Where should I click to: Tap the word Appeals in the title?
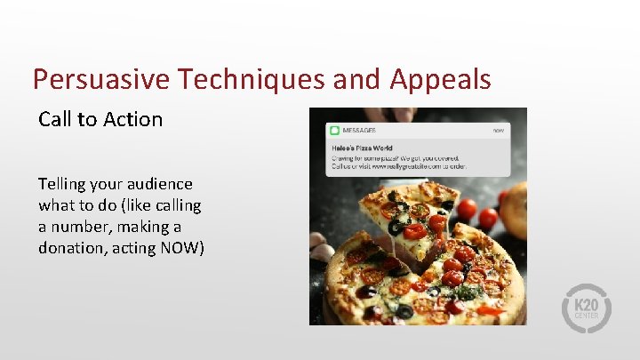tap(440, 80)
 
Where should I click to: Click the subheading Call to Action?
tap(100, 119)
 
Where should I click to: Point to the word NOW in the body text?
tap(182, 248)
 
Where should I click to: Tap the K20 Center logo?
tap(587, 308)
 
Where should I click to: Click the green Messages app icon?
tap(334, 130)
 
